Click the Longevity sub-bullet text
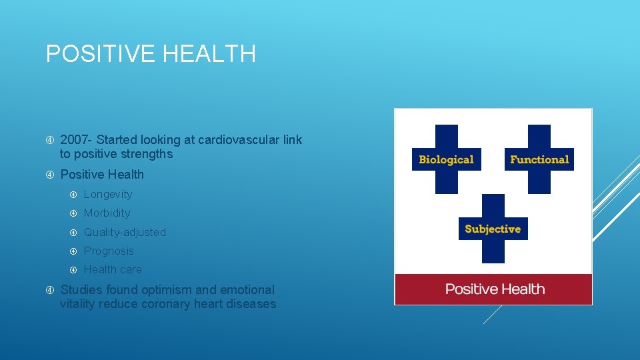pyautogui.click(x=108, y=195)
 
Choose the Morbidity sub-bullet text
pyautogui.click(x=107, y=213)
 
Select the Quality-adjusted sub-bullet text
pyautogui.click(x=125, y=233)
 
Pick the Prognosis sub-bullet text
pyautogui.click(x=109, y=251)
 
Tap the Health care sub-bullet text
pyautogui.click(x=113, y=270)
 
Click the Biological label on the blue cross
pyautogui.click(x=446, y=160)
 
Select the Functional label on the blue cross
pyautogui.click(x=539, y=160)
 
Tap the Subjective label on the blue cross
pyautogui.click(x=493, y=229)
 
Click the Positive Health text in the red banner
pyautogui.click(x=495, y=289)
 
